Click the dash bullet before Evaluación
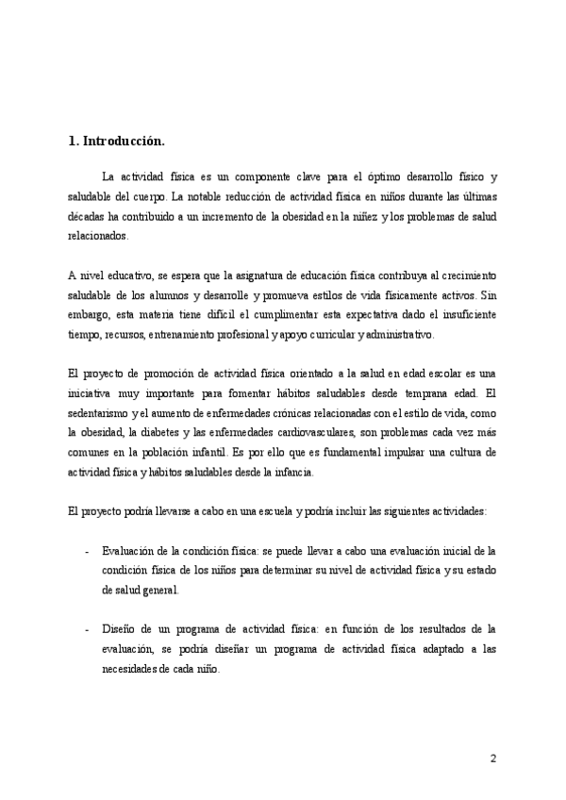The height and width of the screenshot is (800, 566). [x=87, y=551]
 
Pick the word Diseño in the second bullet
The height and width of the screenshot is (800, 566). [x=121, y=628]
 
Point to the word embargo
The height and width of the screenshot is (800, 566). [x=91, y=314]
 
